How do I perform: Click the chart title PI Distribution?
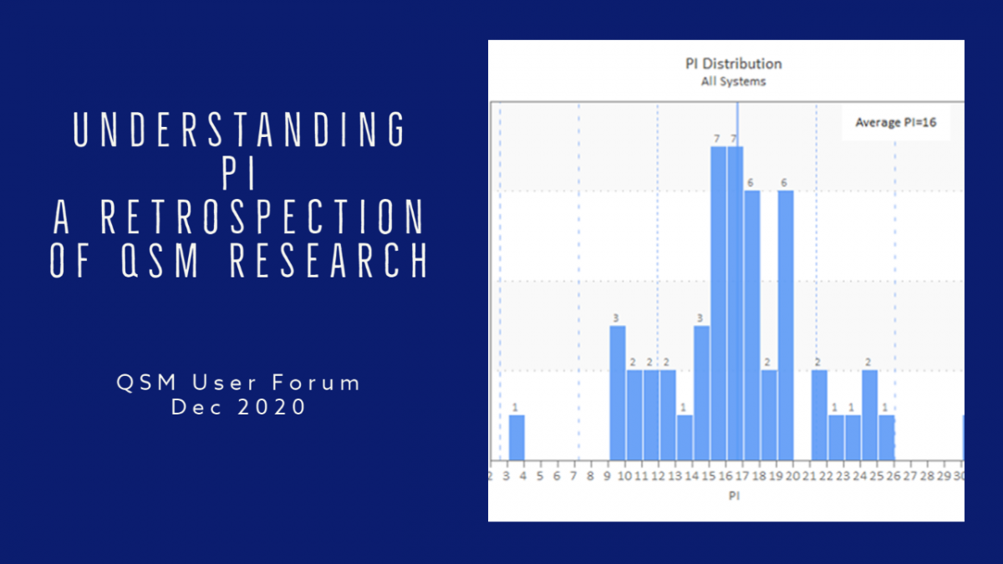[x=734, y=64]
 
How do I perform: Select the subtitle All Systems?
[x=734, y=82]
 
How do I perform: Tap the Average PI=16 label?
[x=895, y=123]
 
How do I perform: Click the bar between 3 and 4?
[x=517, y=437]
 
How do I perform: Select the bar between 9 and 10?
[x=618, y=393]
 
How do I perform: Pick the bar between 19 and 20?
[x=786, y=325]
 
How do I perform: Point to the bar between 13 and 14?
[x=685, y=437]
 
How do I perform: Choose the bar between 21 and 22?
[x=819, y=415]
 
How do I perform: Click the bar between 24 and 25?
[x=870, y=415]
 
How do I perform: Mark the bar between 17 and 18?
[x=752, y=325]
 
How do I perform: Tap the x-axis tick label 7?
[x=573, y=475]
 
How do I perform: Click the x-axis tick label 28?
[x=927, y=475]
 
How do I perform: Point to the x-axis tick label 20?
[x=792, y=475]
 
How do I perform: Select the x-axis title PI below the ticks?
[x=734, y=495]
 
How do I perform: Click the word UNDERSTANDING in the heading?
[x=239, y=130]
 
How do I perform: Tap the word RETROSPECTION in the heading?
[x=262, y=217]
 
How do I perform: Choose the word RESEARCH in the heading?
[x=329, y=261]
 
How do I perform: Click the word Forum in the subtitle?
[x=316, y=384]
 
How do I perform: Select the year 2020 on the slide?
[x=272, y=408]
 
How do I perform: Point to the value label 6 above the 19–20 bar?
[x=784, y=182]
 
